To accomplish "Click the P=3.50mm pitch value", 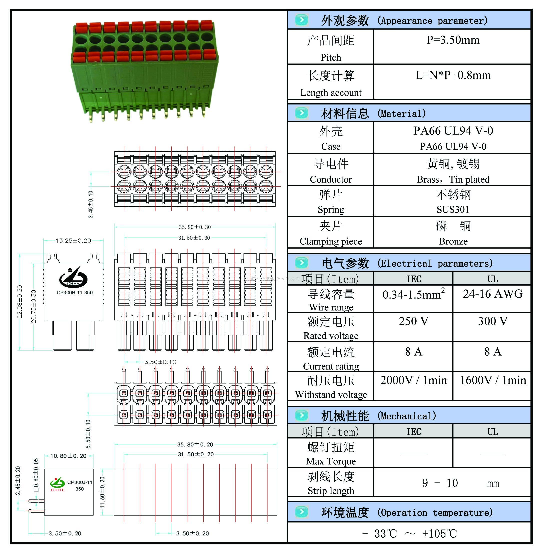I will pos(453,40).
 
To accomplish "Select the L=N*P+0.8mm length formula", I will pos(453,75).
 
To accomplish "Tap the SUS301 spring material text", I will pos(453,209).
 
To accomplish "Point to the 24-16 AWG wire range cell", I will pos(492,294).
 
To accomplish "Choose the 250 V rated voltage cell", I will pos(413,321).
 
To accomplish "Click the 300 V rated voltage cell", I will pos(492,321).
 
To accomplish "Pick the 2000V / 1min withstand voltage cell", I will pos(413,380).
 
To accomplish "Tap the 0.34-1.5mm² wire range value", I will pos(413,294).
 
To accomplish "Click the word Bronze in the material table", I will pos(453,241).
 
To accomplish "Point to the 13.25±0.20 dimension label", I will pos(73,241).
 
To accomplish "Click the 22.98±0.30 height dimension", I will pos(20,302).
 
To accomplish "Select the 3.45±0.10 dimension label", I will pos(91,204).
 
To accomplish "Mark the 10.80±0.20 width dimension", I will pos(68,456).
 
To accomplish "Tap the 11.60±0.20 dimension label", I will pos(102,492).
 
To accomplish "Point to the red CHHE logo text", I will pos(58,490).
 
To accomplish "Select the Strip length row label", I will pos(331,491).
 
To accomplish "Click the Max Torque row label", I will pos(331,461).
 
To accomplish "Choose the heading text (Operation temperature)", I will pos(435,512).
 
